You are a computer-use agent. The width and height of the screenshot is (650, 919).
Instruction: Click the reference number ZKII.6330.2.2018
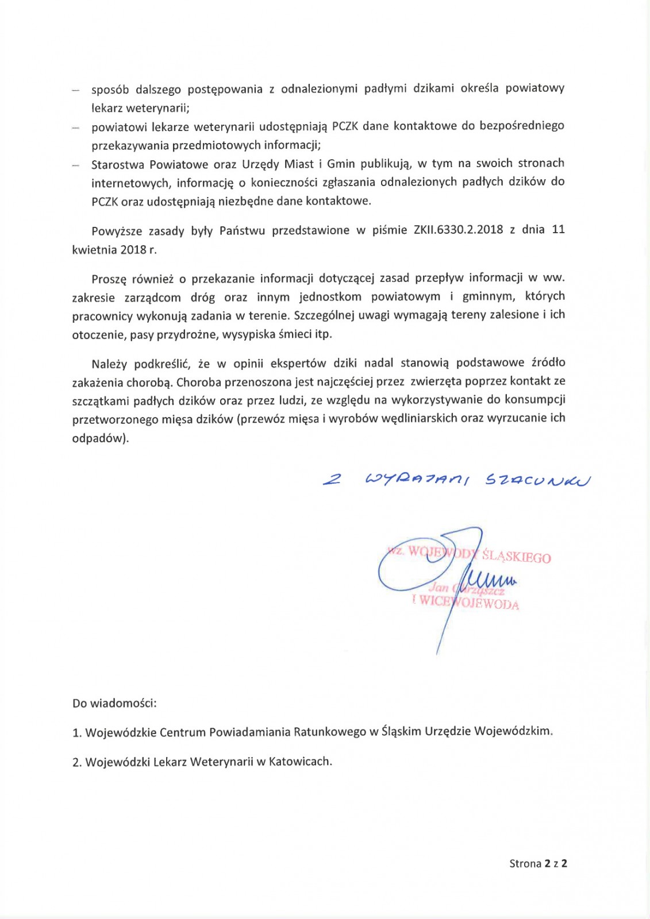(458, 230)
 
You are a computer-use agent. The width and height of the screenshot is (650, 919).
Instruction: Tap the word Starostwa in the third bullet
(117, 164)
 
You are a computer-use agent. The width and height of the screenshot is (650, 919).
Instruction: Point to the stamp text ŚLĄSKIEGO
(517, 557)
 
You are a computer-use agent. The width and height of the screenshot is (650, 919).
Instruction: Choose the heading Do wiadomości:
(114, 703)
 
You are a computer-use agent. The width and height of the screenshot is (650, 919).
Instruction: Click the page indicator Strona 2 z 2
(538, 863)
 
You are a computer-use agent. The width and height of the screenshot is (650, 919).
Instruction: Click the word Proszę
(109, 279)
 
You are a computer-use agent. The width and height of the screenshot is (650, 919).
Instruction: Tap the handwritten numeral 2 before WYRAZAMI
(331, 480)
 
